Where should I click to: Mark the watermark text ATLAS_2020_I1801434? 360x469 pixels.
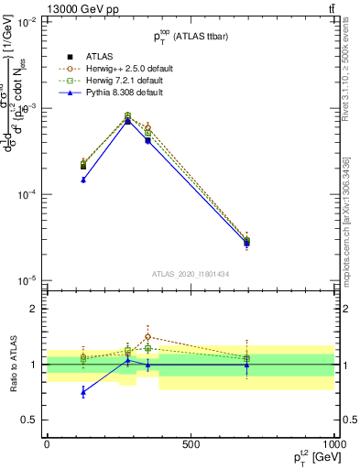pos(190,274)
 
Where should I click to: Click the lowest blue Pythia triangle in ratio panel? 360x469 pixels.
pos(83,392)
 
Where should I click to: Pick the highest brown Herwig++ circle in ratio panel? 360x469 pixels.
pos(147,336)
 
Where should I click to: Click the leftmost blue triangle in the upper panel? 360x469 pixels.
pos(83,180)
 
